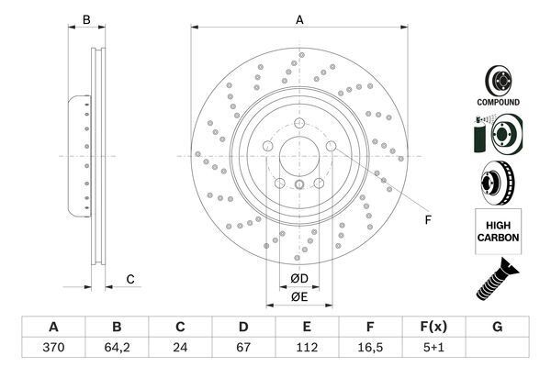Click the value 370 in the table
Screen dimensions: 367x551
pyautogui.click(x=53, y=350)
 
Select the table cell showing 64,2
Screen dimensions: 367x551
pyautogui.click(x=117, y=350)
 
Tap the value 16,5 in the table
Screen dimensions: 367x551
pyautogui.click(x=370, y=350)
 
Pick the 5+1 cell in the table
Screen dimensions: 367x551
pyautogui.click(x=433, y=350)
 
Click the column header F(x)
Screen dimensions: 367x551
pyautogui.click(x=433, y=328)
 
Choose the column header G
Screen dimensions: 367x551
pyautogui.click(x=497, y=328)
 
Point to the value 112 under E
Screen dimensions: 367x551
pyautogui.click(x=307, y=350)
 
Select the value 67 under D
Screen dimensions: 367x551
pyautogui.click(x=243, y=350)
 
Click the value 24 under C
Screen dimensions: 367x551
pyautogui.click(x=180, y=350)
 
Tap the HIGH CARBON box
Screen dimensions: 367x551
pyautogui.click(x=498, y=230)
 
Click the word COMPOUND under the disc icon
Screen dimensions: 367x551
pyautogui.click(x=498, y=102)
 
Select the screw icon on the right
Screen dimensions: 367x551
pyautogui.click(x=496, y=279)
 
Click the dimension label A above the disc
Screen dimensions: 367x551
pyautogui.click(x=299, y=19)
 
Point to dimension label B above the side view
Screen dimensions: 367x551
pyautogui.click(x=86, y=19)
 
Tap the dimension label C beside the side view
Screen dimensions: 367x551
pyautogui.click(x=130, y=279)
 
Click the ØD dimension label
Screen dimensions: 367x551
pyautogui.click(x=299, y=279)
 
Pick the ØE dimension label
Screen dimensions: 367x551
pyautogui.click(x=299, y=296)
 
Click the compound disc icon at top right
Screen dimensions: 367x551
pyautogui.click(x=498, y=79)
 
